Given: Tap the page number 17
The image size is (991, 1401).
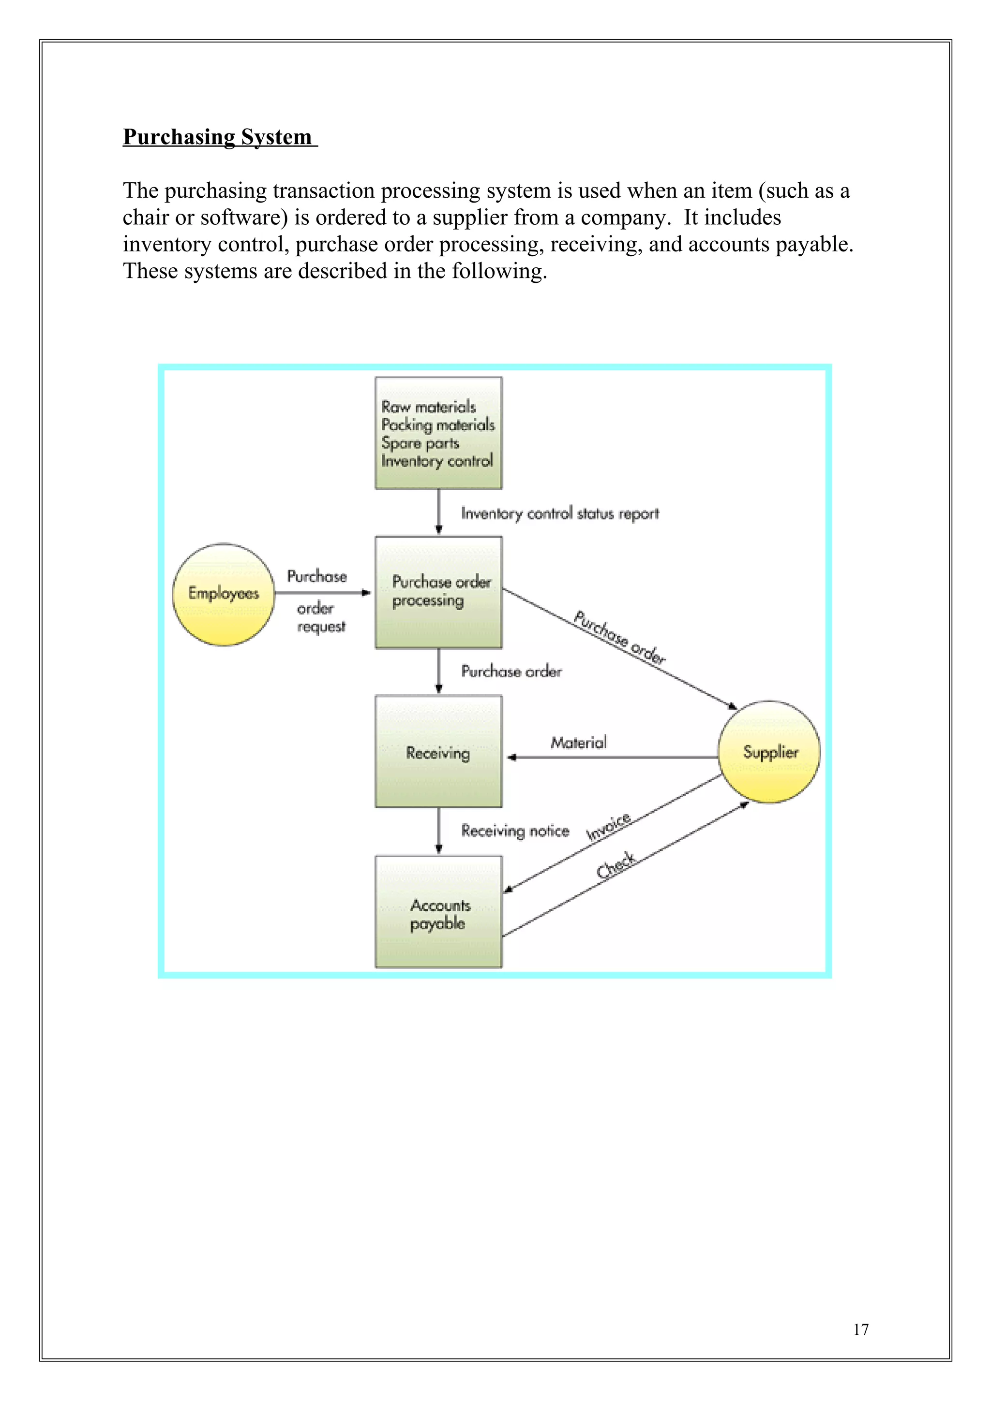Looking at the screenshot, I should pyautogui.click(x=860, y=1329).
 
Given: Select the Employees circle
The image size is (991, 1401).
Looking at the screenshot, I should pyautogui.click(x=224, y=594).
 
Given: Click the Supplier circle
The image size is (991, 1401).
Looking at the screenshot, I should pyautogui.click(x=769, y=752).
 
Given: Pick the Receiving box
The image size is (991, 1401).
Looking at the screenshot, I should pyautogui.click(x=438, y=752).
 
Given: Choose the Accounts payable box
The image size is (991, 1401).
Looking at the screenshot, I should pyautogui.click(x=438, y=912).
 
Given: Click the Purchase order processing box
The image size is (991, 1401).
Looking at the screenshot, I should pyautogui.click(x=438, y=592).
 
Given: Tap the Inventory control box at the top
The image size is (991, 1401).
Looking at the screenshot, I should pyautogui.click(x=438, y=433).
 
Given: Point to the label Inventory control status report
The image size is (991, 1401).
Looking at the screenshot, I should pyautogui.click(x=559, y=514).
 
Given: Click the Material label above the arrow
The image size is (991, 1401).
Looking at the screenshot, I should pyautogui.click(x=578, y=743).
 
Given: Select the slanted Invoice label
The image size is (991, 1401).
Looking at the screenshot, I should pyautogui.click(x=608, y=828).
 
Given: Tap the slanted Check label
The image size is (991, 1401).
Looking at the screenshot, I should pyautogui.click(x=616, y=865).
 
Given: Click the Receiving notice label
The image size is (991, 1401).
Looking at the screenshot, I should pyautogui.click(x=515, y=831).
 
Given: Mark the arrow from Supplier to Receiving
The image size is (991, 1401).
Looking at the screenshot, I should pyautogui.click(x=611, y=757).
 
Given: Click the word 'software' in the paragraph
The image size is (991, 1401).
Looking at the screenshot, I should pyautogui.click(x=243, y=217).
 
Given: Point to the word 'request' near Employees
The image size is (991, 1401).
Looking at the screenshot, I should pyautogui.click(x=321, y=627).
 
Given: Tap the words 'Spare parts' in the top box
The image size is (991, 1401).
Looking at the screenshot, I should pyautogui.click(x=420, y=443).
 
